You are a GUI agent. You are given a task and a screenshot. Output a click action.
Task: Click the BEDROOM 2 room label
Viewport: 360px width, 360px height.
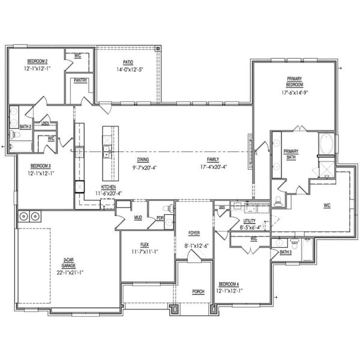click(37, 61)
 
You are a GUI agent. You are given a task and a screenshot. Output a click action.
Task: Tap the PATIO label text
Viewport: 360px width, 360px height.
click(128, 62)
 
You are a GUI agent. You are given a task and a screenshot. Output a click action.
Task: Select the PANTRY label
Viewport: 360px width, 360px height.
click(81, 80)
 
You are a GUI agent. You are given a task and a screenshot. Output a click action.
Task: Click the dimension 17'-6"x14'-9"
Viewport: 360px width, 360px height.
click(294, 93)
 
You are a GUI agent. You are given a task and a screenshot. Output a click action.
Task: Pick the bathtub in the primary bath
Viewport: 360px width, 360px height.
click(326, 145)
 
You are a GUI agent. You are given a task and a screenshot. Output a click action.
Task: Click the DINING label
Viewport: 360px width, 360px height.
click(143, 160)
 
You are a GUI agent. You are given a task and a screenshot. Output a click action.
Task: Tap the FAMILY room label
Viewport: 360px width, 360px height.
click(213, 160)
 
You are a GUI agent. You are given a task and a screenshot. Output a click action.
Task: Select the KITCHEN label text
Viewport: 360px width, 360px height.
click(109, 187)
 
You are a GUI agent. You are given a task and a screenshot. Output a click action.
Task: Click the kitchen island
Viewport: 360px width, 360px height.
click(108, 153)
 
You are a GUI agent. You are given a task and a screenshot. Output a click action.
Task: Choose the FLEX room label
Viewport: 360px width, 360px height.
click(145, 245)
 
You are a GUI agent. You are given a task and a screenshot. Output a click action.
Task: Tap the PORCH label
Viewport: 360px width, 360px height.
click(198, 292)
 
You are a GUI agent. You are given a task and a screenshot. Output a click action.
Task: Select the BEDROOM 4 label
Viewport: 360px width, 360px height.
click(230, 284)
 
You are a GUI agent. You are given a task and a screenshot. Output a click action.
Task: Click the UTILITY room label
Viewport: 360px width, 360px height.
click(249, 221)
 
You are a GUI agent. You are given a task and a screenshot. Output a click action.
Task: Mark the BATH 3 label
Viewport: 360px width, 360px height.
click(286, 252)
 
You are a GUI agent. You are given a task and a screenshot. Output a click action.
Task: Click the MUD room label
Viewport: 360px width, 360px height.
click(137, 217)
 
